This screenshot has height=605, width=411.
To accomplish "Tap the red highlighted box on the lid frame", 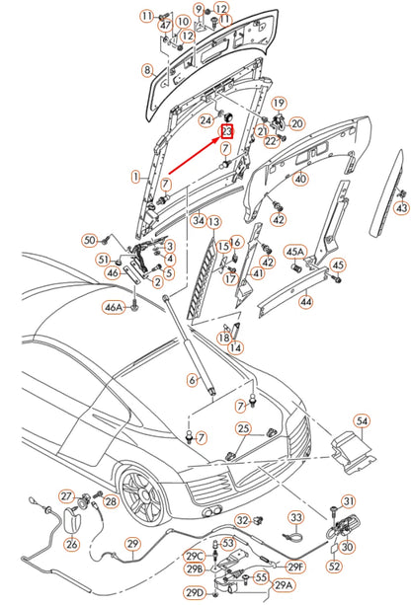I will pos(226,132).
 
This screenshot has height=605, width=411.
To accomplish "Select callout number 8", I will pos(147,70).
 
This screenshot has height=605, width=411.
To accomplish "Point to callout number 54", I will pos(362,421).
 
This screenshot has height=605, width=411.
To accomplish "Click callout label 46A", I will pos(115,308).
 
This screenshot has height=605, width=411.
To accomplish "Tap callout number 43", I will pos(401,208).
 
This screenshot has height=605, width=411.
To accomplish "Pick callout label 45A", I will pos(294,252).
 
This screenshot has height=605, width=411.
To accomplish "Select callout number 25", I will pos(243,427).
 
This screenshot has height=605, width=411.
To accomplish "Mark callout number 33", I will pos(295,516).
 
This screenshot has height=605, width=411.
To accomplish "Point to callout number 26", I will pos(72,543).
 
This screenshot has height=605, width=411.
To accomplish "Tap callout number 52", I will pos(334,567).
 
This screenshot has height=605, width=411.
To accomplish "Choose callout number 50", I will pos(88,240).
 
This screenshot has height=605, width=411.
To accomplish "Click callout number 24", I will pos(205,121).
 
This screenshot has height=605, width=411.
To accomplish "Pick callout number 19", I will pos(279,103).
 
